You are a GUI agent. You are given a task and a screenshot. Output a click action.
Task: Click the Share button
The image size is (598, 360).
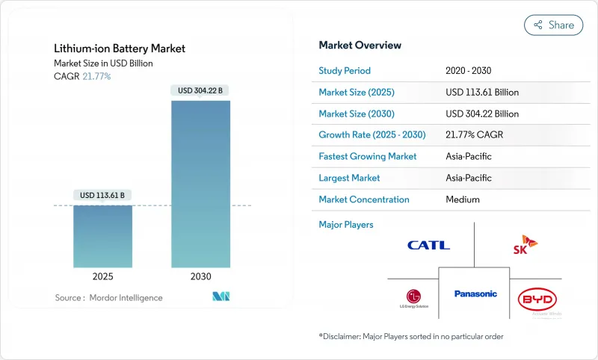[x=554, y=25]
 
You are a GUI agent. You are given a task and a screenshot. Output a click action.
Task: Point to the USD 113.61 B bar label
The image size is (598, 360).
[x=102, y=196]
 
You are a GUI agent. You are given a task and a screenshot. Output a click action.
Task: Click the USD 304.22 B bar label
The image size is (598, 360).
[x=200, y=91]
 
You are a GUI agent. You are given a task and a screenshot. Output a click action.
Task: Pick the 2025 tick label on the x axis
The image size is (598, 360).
[x=102, y=276]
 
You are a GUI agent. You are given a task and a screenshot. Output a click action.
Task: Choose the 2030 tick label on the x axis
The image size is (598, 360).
[x=200, y=276]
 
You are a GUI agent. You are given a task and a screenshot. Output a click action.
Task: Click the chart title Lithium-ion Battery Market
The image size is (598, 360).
[x=120, y=49]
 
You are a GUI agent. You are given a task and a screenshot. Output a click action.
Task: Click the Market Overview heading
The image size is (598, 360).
[x=360, y=45]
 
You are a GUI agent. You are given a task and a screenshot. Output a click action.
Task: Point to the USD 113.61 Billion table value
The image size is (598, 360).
[x=482, y=93]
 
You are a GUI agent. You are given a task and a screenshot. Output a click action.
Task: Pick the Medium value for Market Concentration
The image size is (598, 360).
[x=462, y=199]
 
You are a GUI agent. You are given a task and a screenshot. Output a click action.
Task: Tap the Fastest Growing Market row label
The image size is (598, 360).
[x=368, y=157]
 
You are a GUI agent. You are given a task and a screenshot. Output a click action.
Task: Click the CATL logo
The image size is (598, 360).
[x=428, y=245]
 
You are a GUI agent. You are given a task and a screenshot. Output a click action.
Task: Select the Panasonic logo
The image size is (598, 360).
[x=475, y=294]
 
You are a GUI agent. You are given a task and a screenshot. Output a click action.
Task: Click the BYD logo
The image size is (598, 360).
[x=537, y=300]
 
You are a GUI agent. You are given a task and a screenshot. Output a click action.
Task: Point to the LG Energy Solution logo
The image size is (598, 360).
[x=413, y=297]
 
